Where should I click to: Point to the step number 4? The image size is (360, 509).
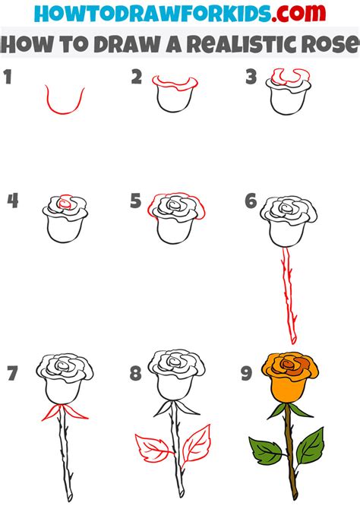[x=11, y=201]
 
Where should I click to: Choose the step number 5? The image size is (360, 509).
[x=135, y=201]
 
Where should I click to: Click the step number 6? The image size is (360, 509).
[x=250, y=201]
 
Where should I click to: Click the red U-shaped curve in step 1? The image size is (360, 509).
[x=64, y=103]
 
